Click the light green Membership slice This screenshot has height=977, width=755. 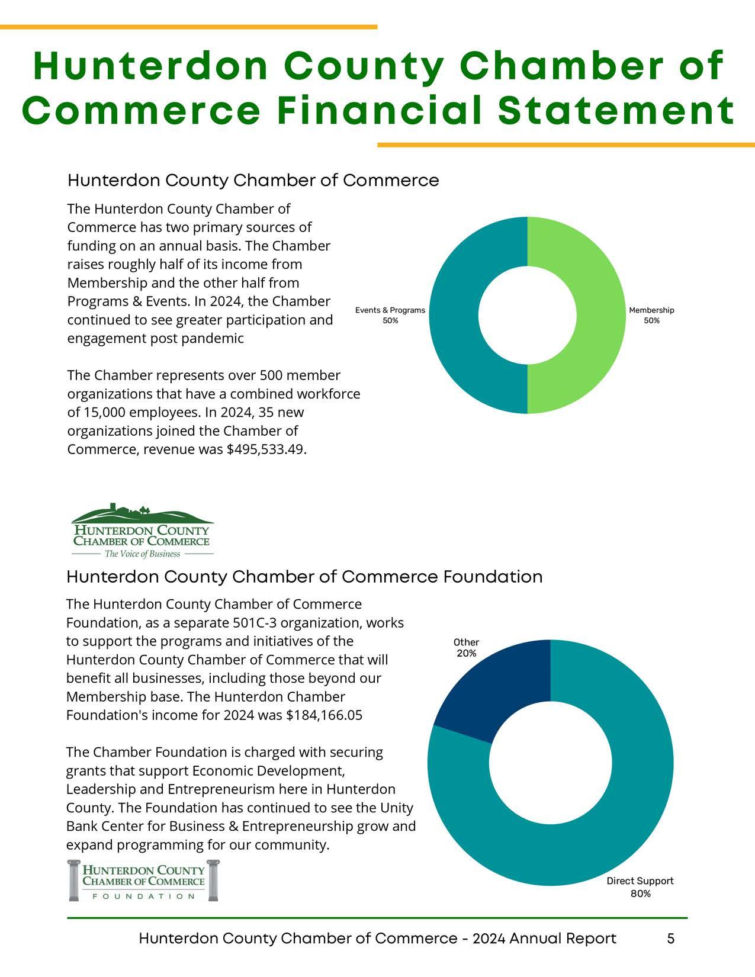[x=599, y=315]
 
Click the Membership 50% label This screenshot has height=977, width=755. [x=651, y=316]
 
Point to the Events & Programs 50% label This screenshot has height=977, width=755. [x=390, y=316]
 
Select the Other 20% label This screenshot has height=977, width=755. [x=466, y=648]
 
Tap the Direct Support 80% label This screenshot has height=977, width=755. [x=640, y=887]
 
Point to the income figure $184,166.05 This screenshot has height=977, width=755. [x=324, y=715]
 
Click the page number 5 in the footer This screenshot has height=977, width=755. [x=670, y=939]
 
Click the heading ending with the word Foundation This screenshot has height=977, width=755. [x=304, y=577]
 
